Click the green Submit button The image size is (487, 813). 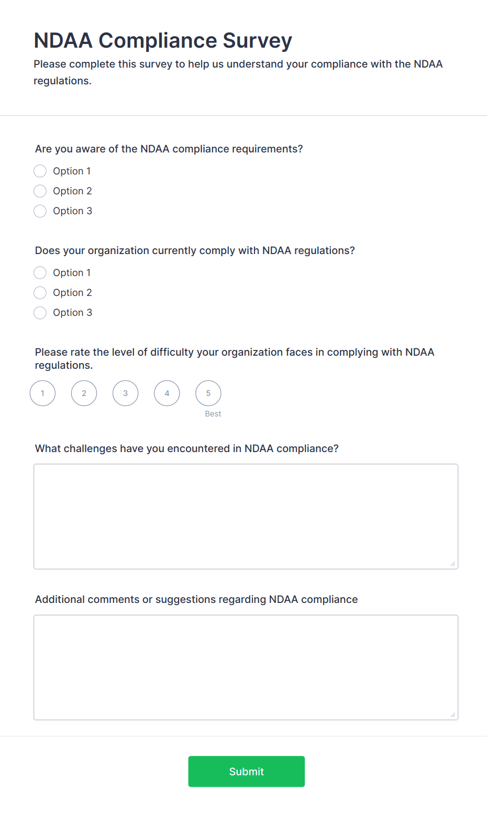pos(246,771)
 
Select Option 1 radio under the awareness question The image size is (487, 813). pos(40,171)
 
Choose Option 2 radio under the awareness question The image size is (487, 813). pos(40,191)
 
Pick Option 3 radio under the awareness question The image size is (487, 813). pos(40,211)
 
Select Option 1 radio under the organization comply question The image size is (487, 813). pos(40,273)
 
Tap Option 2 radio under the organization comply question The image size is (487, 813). pos(40,293)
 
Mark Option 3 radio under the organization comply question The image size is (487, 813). pos(40,313)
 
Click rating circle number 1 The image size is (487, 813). pos(42,393)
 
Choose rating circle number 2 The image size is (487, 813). pos(84,393)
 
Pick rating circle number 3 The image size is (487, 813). pos(126,393)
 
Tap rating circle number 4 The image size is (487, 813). pos(167,393)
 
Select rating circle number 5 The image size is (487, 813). pos(208,393)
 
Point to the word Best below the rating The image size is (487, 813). pos(213,414)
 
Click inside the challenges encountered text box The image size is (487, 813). pos(246,516)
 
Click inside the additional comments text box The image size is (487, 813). pos(246,667)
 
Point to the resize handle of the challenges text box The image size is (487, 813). pos(453,564)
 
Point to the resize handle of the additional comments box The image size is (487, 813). pos(453,715)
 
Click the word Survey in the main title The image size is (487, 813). pos(257,41)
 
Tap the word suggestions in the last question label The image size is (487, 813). pos(185,599)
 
